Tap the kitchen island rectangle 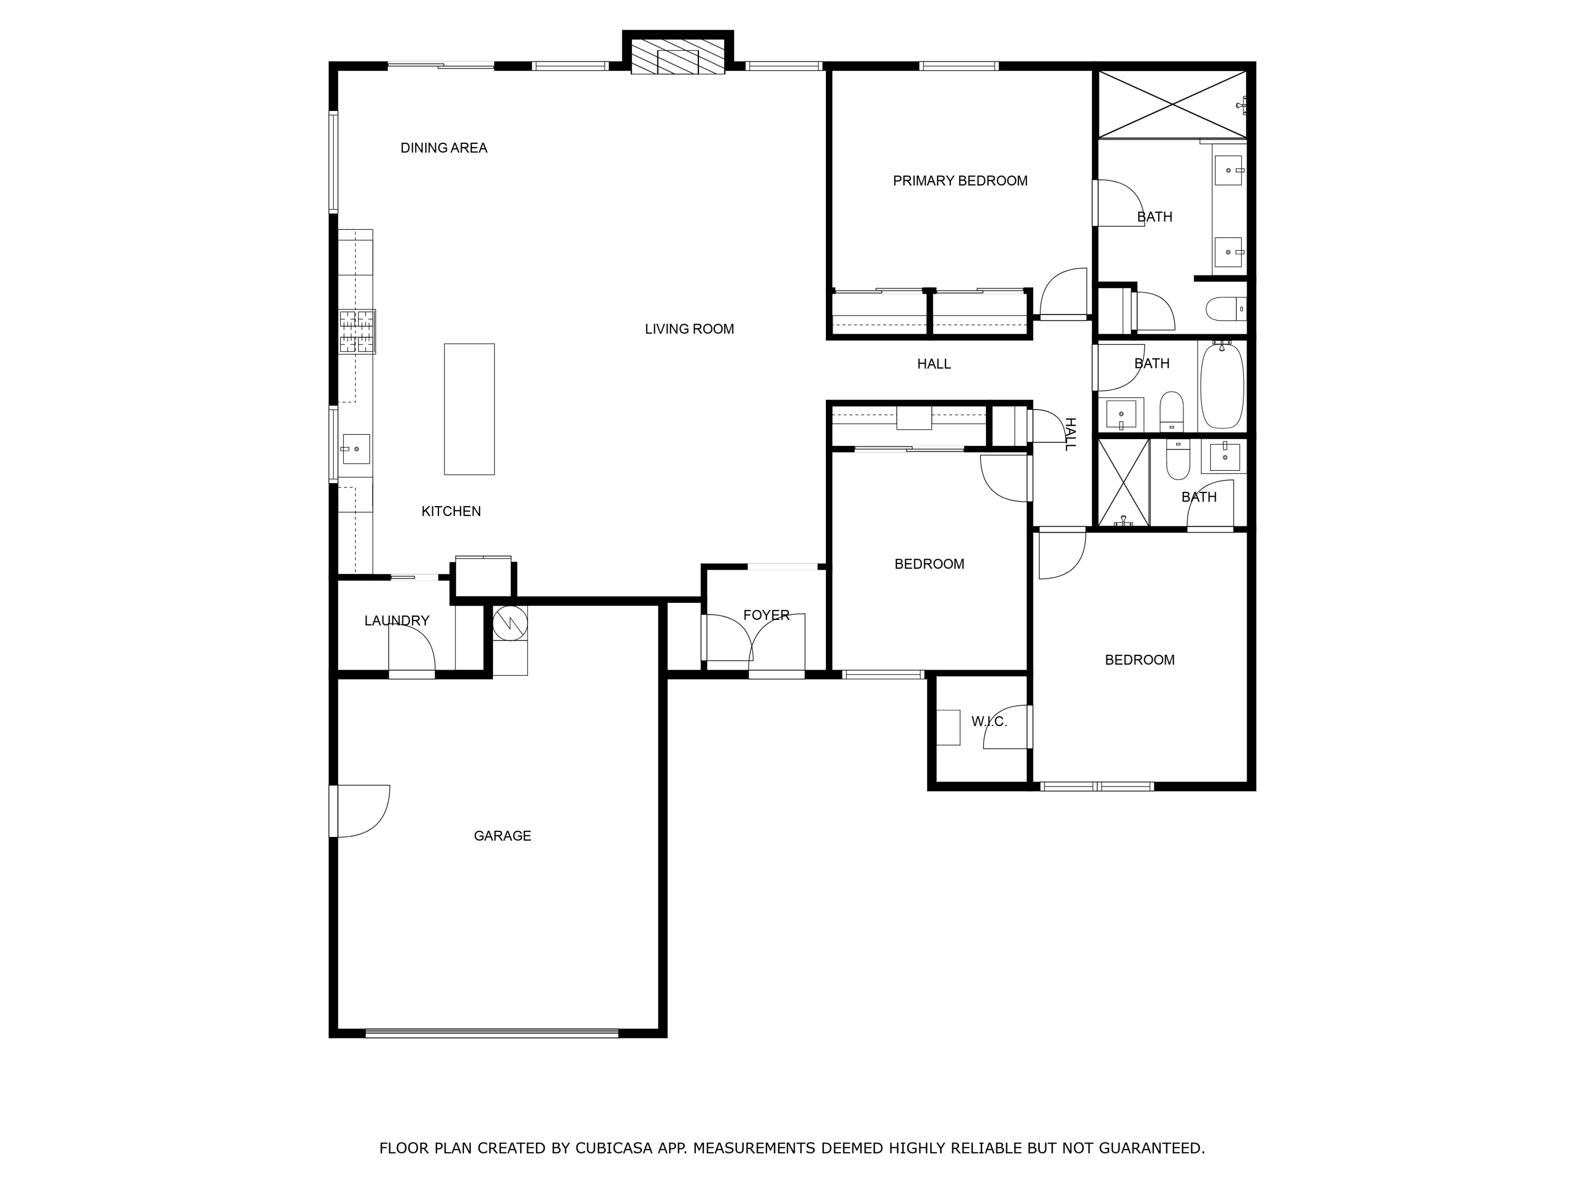(x=469, y=409)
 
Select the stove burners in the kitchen (x=357, y=331)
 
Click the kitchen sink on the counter (x=356, y=449)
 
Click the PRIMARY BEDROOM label (x=959, y=181)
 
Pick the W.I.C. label (x=989, y=722)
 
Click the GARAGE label (x=502, y=835)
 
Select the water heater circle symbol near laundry (x=510, y=623)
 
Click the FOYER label (x=766, y=615)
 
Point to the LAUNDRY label (x=396, y=621)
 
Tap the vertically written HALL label (x=1070, y=434)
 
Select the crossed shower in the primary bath (x=1172, y=105)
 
